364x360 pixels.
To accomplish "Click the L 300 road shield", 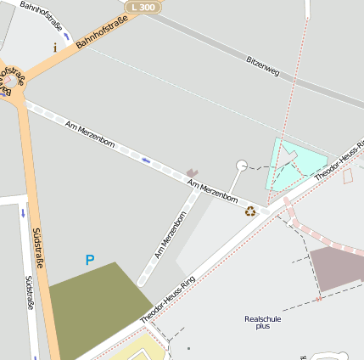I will point(143,7).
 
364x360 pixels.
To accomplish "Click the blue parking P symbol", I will point(90,260).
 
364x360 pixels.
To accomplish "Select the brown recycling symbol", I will point(250,211).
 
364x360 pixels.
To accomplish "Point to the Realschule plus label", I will point(262,322).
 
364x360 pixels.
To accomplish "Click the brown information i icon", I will point(56,48).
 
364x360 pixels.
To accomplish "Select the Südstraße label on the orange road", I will point(36,247).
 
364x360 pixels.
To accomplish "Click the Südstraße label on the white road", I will point(28,292).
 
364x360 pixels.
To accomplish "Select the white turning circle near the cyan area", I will point(242,165).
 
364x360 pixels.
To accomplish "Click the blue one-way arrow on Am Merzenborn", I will point(147,159).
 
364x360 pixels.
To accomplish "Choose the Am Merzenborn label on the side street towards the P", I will point(171,235).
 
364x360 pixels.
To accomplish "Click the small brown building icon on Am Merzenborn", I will point(193,172).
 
